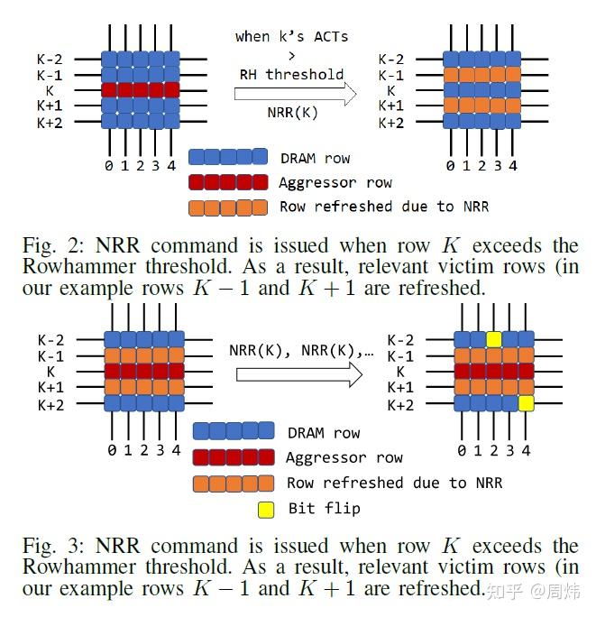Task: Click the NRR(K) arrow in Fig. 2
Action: [x=294, y=93]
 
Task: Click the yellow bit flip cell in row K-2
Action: [x=493, y=339]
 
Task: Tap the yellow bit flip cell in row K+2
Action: [x=527, y=403]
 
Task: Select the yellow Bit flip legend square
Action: [x=266, y=508]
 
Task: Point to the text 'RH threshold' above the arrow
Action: [x=291, y=74]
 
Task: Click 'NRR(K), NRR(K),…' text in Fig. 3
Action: [x=301, y=351]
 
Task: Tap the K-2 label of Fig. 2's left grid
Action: [x=51, y=60]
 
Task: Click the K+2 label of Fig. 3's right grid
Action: [x=399, y=405]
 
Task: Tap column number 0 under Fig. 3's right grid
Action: [x=462, y=450]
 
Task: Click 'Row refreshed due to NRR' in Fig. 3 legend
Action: [x=394, y=483]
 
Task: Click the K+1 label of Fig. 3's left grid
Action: [x=51, y=388]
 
